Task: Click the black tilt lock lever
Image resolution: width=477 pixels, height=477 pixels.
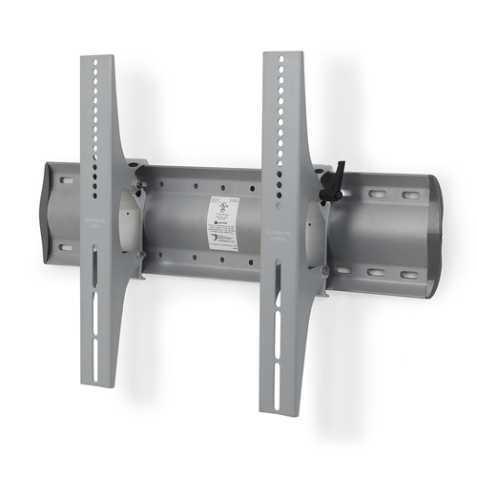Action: click(x=336, y=181)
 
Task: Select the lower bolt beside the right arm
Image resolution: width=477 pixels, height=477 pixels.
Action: click(x=325, y=271)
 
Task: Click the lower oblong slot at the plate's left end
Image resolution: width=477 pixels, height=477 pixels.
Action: click(x=65, y=247)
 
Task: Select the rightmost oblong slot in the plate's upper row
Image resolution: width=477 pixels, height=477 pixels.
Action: click(x=409, y=197)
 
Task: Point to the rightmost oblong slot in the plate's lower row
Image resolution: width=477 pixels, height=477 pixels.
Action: click(x=408, y=276)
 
